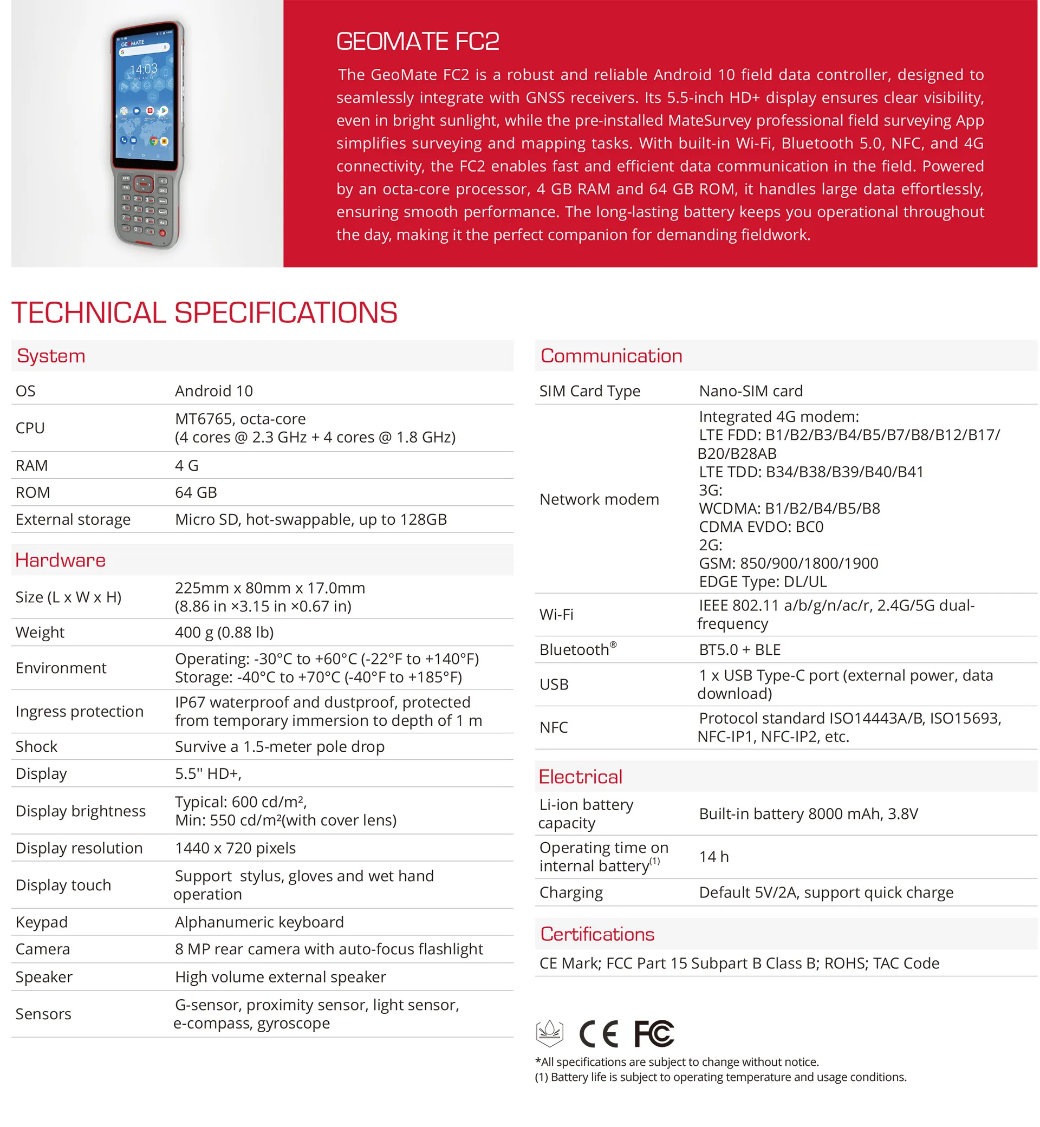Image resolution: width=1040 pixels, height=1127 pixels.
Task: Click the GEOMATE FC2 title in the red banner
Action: (418, 42)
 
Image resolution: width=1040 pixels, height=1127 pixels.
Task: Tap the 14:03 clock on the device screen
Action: (144, 69)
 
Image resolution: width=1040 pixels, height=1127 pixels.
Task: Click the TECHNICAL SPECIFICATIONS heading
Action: (204, 313)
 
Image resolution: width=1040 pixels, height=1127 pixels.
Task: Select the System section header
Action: (51, 356)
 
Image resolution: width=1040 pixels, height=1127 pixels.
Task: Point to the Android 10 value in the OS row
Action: (214, 391)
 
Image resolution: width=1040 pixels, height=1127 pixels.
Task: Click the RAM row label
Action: (31, 466)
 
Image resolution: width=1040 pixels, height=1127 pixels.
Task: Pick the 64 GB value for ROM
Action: (196, 493)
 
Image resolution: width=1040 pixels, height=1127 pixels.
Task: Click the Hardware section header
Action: (60, 561)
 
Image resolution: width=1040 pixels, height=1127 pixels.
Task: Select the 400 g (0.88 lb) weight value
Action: (224, 633)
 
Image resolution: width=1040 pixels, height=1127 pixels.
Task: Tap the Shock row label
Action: (37, 747)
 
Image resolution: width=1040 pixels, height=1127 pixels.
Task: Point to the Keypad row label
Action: (42, 922)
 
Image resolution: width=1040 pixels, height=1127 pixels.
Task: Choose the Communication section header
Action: (611, 356)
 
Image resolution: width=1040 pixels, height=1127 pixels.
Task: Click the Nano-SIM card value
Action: (751, 391)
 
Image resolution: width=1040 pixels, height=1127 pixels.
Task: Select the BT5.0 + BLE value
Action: (739, 650)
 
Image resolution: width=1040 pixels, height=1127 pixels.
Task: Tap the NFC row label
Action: (553, 727)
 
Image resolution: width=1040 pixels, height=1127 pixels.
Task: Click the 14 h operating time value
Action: (713, 857)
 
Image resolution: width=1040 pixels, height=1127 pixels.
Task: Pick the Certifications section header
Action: (597, 935)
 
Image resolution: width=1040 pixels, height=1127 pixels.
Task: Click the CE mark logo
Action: (599, 1034)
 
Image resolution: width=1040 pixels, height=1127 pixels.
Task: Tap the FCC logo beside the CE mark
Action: (653, 1034)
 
